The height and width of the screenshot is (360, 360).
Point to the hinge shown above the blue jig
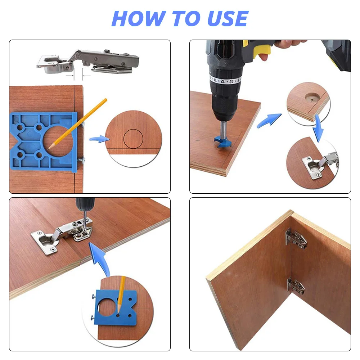[89, 61]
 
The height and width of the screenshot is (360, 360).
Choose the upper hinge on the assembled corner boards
[296, 238]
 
